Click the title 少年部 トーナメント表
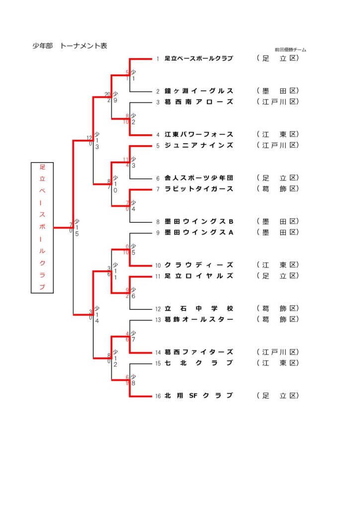pos(70,46)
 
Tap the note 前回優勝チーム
pos(290,50)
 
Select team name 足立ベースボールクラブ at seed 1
pos(198,59)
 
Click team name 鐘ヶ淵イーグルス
pos(198,91)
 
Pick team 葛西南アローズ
pos(198,102)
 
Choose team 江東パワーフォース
pos(198,134)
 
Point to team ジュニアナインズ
pos(198,145)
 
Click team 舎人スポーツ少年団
pos(198,178)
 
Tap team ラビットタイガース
pos(198,189)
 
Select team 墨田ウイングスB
pos(198,221)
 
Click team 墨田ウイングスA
pos(198,232)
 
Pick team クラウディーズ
pos(198,265)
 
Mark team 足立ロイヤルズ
pos(198,275)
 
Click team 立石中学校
pos(198,308)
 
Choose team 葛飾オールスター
pos(198,319)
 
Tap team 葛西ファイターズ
pos(198,352)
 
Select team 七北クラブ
pos(198,363)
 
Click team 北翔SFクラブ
pos(198,396)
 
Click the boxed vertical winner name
pos(42,228)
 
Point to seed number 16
pos(158,396)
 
